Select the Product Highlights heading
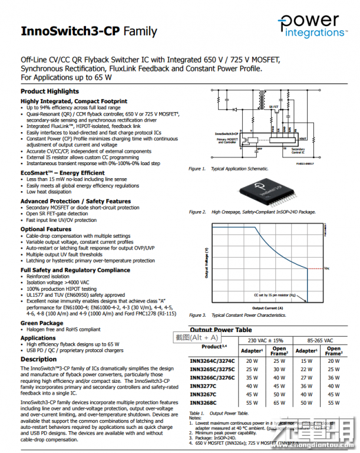point(49,91)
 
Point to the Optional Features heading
point(46,229)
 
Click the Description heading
point(39,359)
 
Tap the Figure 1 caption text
point(226,169)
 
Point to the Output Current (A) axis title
point(267,308)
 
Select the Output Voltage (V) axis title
point(206,262)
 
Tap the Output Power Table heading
point(221,330)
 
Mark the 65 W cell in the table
point(279,403)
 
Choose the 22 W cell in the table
point(306,369)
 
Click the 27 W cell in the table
point(306,377)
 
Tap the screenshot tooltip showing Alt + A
point(196,337)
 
